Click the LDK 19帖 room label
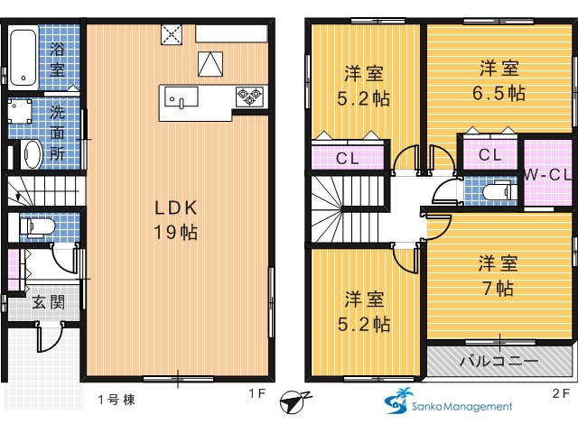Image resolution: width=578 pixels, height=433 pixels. pyautogui.click(x=176, y=220)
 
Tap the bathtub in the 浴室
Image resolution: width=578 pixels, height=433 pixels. pyautogui.click(x=23, y=58)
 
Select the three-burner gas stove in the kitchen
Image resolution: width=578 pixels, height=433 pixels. pyautogui.click(x=249, y=97)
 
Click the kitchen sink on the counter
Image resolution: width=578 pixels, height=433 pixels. pyautogui.click(x=181, y=97)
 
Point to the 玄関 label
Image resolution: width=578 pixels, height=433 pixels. pyautogui.click(x=48, y=302)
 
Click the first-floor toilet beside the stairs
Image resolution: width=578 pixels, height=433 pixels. pyautogui.click(x=37, y=226)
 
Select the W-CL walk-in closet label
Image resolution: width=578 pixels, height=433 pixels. pyautogui.click(x=547, y=174)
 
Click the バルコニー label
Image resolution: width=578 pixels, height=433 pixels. pyautogui.click(x=499, y=361)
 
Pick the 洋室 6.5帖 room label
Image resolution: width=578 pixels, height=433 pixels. pyautogui.click(x=499, y=80)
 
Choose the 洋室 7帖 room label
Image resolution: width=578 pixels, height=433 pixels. pyautogui.click(x=498, y=275)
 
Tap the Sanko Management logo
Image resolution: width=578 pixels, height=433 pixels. pyautogui.click(x=448, y=401)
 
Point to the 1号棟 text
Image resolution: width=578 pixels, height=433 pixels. pyautogui.click(x=117, y=400)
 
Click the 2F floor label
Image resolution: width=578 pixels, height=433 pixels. pyautogui.click(x=561, y=393)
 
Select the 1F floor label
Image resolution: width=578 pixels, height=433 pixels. pyautogui.click(x=256, y=393)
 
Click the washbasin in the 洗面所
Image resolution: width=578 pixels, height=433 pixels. pyautogui.click(x=33, y=154)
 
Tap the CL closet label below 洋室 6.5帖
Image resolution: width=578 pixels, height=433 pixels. pyautogui.click(x=489, y=154)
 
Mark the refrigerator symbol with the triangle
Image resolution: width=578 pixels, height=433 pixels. pyautogui.click(x=210, y=64)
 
